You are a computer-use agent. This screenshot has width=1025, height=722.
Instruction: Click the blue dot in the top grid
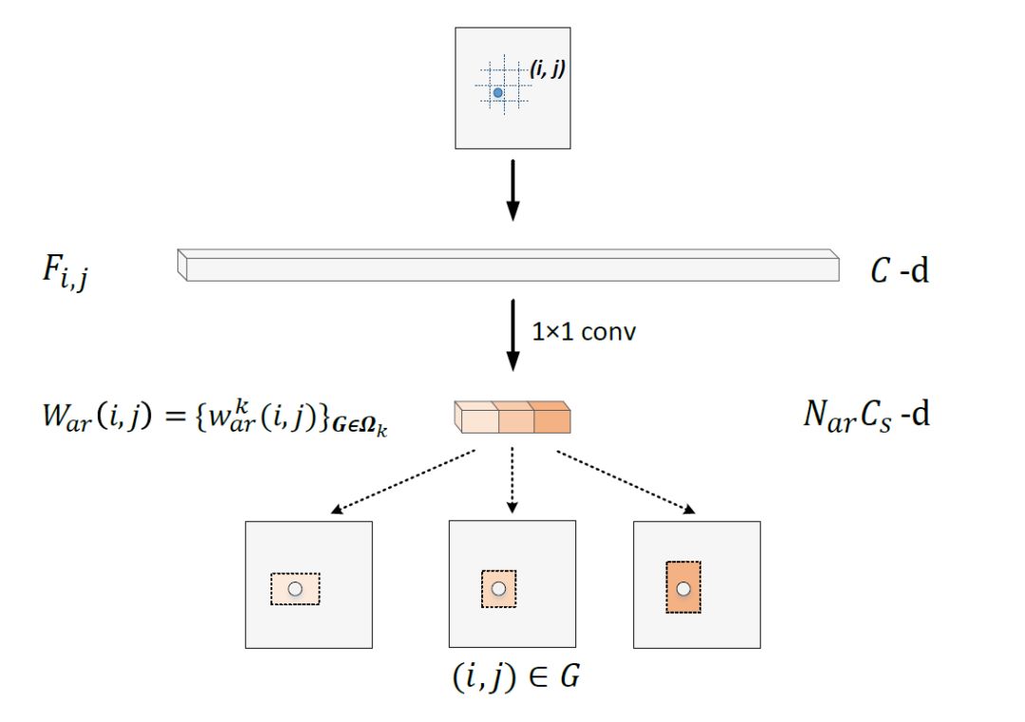497,92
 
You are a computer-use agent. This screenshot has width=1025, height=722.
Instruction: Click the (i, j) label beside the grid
549,67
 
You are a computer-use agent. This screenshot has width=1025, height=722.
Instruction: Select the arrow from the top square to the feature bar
512,190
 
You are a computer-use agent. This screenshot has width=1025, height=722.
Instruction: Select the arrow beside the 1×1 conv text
512,337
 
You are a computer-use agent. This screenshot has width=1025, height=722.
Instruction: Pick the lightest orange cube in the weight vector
476,417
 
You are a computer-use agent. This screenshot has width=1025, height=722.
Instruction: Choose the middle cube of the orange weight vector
514,417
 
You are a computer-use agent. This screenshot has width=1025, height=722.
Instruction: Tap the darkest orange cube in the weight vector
551,417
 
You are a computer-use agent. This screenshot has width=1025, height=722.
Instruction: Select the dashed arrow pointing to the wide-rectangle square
404,482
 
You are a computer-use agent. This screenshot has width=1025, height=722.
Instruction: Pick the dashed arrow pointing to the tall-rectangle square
624,482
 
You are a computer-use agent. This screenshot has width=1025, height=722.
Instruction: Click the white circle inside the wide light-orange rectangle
295,589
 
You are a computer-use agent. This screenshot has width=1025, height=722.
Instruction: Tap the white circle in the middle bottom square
498,589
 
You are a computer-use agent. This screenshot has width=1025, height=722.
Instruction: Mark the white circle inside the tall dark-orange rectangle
682,589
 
